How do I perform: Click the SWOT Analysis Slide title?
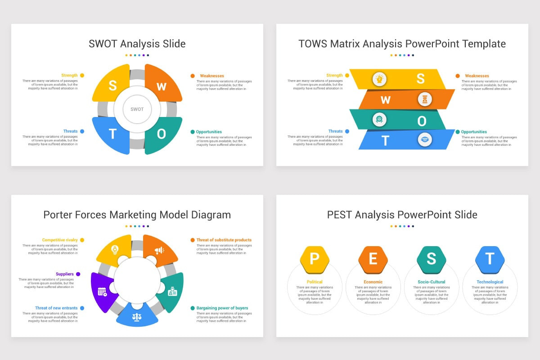pyautogui.click(x=137, y=44)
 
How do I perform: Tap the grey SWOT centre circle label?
pyautogui.click(x=137, y=109)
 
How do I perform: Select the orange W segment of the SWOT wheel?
pyautogui.click(x=162, y=85)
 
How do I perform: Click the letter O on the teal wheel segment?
pyautogui.click(x=161, y=134)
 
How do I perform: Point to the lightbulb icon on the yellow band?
pyautogui.click(x=379, y=79)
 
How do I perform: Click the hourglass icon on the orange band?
pyautogui.click(x=425, y=99)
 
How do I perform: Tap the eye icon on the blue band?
pyautogui.click(x=424, y=139)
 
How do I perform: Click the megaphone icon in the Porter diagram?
pyautogui.click(x=159, y=250)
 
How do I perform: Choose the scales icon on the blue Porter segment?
pyautogui.click(x=137, y=317)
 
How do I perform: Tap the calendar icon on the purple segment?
pyautogui.click(x=103, y=291)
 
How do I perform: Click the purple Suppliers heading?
pyautogui.click(x=64, y=274)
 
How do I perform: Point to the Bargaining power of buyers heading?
pyautogui.click(x=222, y=308)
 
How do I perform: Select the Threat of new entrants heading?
pyautogui.click(x=56, y=308)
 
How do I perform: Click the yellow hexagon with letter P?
pyautogui.click(x=315, y=259)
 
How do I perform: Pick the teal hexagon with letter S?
pyautogui.click(x=431, y=259)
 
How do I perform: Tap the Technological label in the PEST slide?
pyautogui.click(x=490, y=282)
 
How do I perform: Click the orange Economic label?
pyautogui.click(x=373, y=282)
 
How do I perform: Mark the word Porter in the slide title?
pyautogui.click(x=59, y=215)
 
